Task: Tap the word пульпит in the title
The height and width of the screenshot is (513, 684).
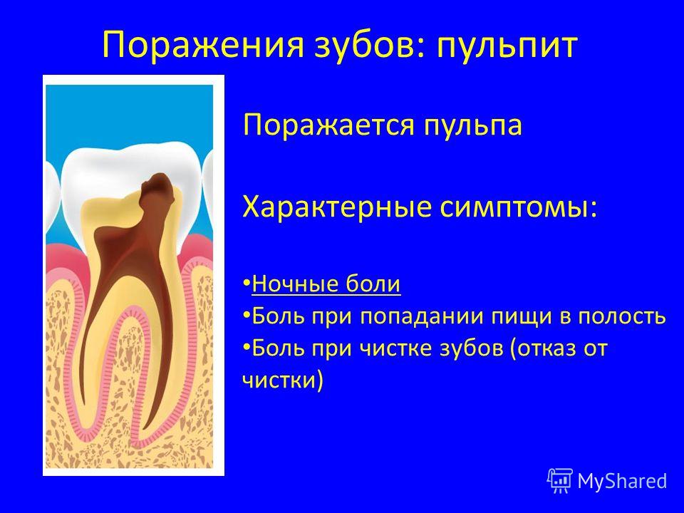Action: (507, 46)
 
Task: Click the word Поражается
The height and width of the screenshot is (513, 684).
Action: (328, 126)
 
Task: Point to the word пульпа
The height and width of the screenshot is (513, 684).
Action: (473, 126)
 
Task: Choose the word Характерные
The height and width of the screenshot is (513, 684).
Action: (336, 207)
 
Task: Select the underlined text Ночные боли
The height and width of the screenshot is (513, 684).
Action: (326, 284)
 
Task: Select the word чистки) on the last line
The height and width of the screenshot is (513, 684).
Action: (283, 380)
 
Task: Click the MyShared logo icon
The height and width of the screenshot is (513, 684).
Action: (560, 480)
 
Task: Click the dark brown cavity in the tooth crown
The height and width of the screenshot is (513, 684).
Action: (156, 188)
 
